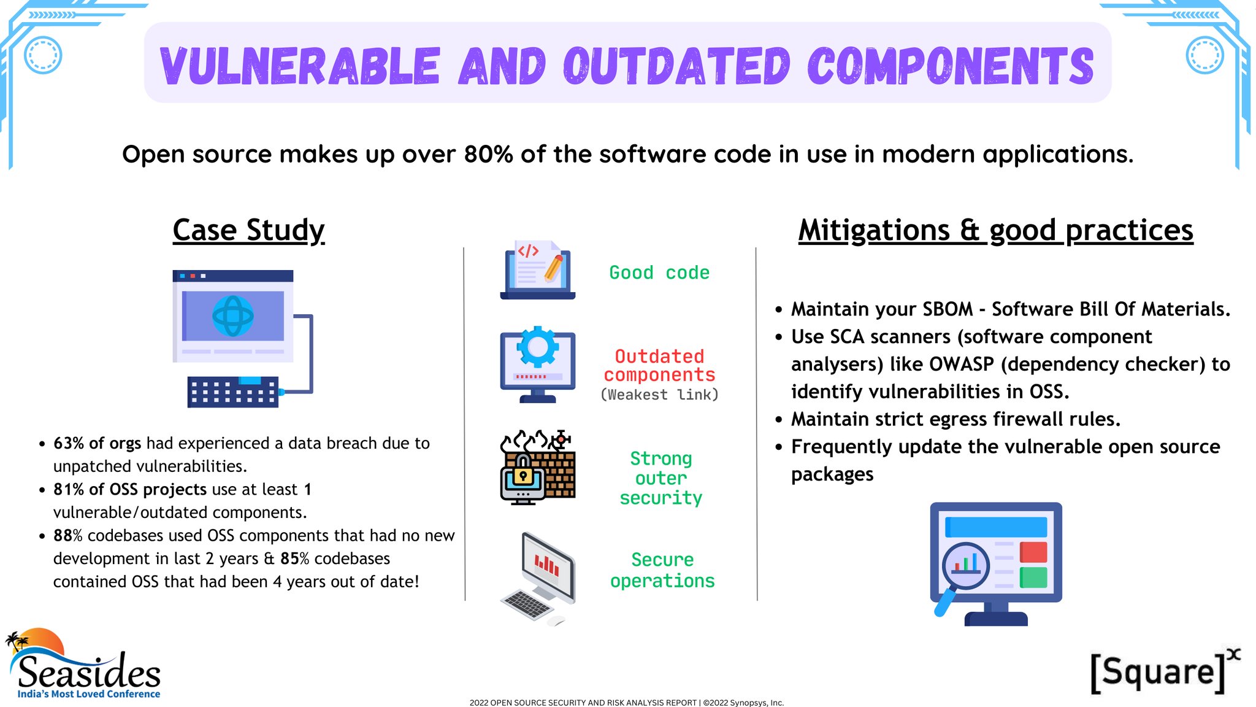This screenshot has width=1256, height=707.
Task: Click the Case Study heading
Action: click(248, 231)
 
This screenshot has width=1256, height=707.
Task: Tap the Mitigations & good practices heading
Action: click(995, 231)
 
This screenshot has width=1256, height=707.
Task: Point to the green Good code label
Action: click(659, 272)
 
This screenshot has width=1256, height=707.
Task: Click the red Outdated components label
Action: click(659, 366)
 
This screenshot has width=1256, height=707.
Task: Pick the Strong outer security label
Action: click(661, 478)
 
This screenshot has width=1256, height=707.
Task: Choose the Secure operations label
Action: click(662, 570)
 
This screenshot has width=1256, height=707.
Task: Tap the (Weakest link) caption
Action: click(659, 395)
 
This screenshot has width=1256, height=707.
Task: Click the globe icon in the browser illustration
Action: click(233, 316)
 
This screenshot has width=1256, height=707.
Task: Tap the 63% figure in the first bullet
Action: click(68, 443)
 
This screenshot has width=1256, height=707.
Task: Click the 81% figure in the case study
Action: click(68, 489)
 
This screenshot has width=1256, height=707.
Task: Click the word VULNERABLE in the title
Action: click(300, 66)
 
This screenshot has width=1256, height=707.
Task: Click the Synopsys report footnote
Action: click(627, 703)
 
